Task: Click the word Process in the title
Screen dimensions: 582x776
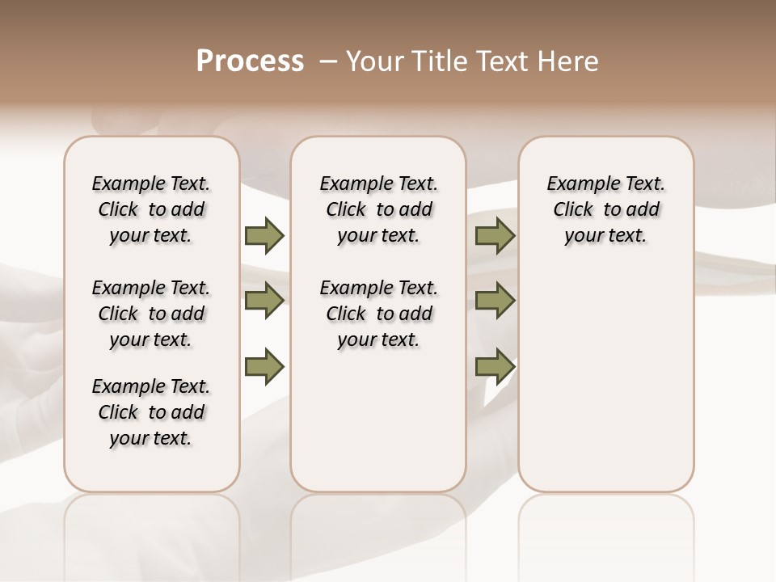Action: (x=250, y=61)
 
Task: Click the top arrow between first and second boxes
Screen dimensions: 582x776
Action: (x=264, y=235)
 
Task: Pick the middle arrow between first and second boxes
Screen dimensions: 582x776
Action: (x=264, y=301)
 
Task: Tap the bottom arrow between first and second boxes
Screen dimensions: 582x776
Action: (x=264, y=366)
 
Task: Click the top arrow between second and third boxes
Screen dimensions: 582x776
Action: (x=495, y=235)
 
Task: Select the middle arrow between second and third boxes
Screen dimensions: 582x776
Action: (x=495, y=301)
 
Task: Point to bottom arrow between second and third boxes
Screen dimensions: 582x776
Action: (x=495, y=366)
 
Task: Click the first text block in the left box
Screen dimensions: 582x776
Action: (x=151, y=209)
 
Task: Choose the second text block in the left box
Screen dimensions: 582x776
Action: (x=151, y=314)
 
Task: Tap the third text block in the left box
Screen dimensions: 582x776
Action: (x=151, y=412)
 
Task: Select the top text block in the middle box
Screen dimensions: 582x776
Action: (x=378, y=209)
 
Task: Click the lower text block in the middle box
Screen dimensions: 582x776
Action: (x=378, y=314)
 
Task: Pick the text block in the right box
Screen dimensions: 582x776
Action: (x=605, y=209)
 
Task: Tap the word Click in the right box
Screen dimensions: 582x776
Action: (x=573, y=210)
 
